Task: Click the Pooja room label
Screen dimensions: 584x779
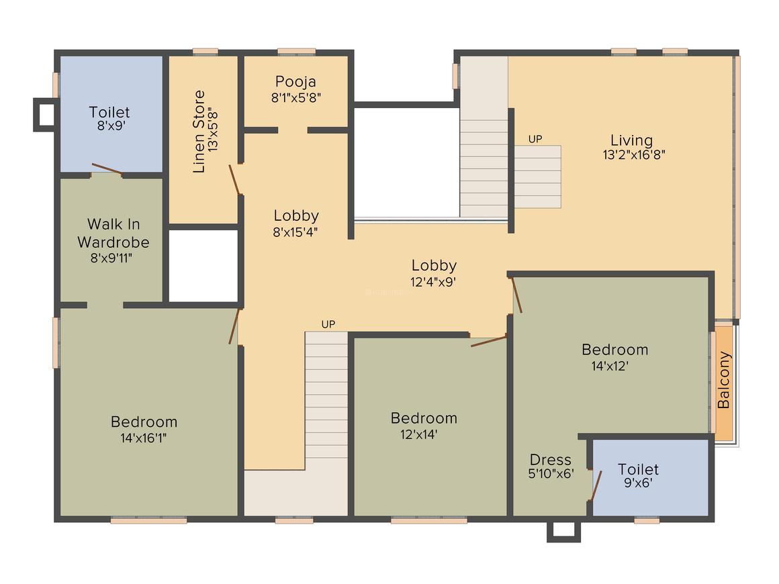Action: click(x=295, y=82)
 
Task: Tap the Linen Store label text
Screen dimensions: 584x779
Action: click(x=199, y=132)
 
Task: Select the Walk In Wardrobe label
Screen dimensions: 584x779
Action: click(x=113, y=233)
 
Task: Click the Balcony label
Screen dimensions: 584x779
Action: click(x=724, y=380)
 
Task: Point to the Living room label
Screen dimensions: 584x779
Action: click(x=631, y=140)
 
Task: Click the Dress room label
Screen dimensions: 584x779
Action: click(x=551, y=460)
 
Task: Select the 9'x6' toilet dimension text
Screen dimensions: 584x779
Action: click(x=638, y=482)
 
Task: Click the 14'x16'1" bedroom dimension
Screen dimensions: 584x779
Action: click(x=144, y=438)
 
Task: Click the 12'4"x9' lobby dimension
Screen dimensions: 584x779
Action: click(x=434, y=281)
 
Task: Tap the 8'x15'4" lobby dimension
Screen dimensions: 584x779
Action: click(x=295, y=232)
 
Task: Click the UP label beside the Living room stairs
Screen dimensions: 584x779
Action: click(x=535, y=139)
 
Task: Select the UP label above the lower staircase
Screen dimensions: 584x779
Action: click(x=328, y=324)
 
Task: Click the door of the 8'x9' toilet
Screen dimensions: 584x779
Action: click(x=106, y=168)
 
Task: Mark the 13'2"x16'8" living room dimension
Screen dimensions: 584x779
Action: click(x=634, y=154)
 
